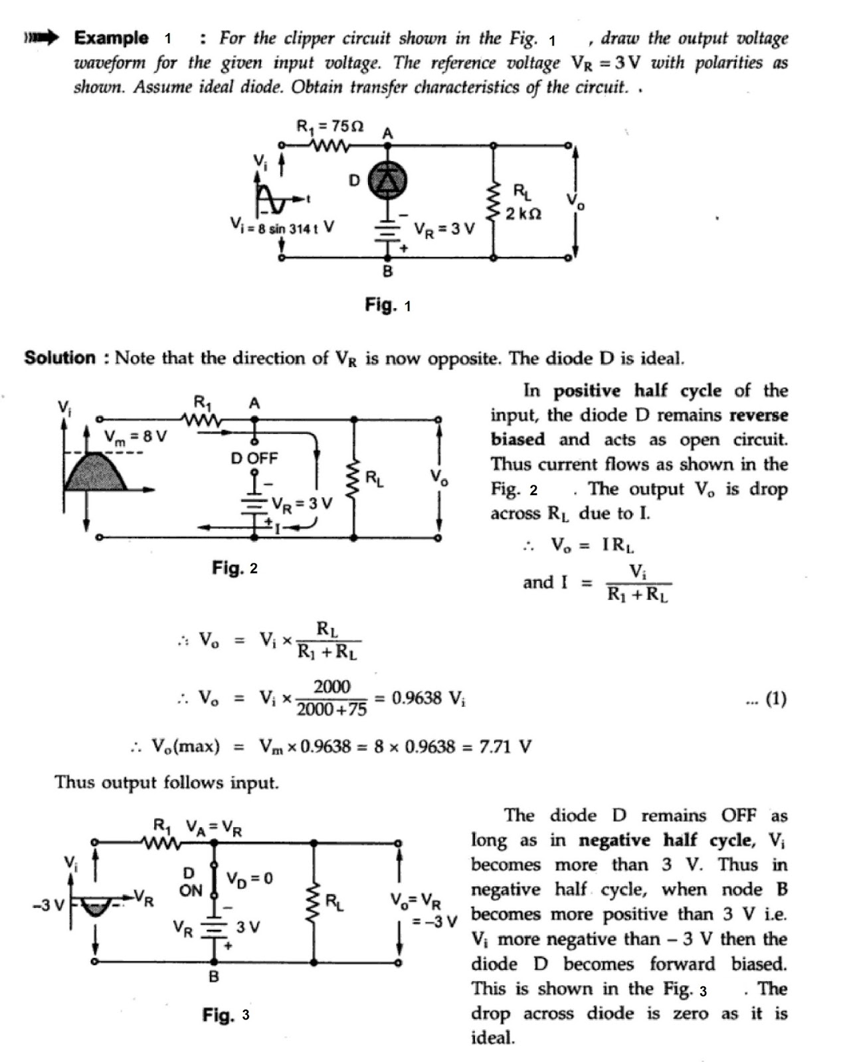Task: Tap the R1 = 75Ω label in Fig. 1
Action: pos(329,125)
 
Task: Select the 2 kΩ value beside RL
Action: pos(523,214)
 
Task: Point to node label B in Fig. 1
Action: pos(387,271)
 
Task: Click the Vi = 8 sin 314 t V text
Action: pos(281,227)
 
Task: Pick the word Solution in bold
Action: pos(60,358)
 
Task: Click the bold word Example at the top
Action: pos(111,38)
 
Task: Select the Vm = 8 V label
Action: pos(136,437)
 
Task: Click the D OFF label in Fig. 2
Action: pos(254,458)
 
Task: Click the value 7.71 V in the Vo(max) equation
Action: pos(505,747)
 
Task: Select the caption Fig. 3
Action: pos(226,1015)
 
